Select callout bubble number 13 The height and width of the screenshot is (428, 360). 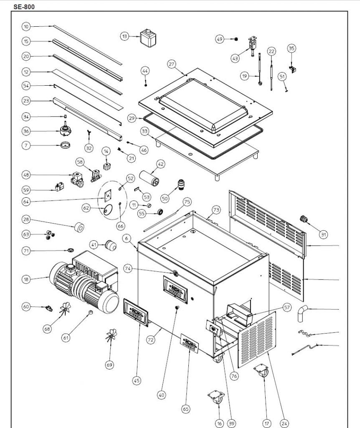(124, 36)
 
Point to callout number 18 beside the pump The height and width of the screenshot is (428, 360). (26, 279)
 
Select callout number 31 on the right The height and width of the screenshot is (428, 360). (323, 234)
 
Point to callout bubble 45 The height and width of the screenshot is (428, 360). (137, 380)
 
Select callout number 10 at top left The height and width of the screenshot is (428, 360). (26, 26)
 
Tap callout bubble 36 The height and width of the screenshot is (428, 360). (26, 131)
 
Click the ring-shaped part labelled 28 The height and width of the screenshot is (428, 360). (79, 228)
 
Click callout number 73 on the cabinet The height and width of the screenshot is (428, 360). (215, 209)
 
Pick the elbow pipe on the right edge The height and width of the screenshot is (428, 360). (302, 313)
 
